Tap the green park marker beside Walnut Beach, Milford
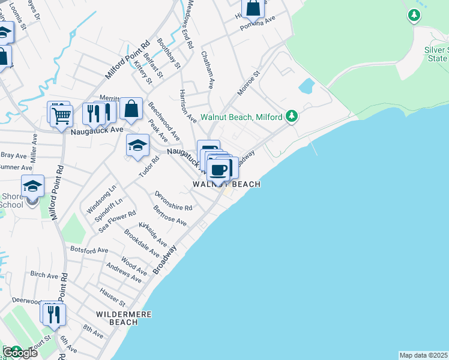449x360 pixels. (292, 116)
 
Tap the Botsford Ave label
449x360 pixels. (89, 250)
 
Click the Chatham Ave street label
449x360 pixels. (208, 70)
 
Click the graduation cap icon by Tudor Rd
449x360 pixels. (137, 145)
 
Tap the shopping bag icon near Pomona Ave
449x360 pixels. (253, 8)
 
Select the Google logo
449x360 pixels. (20, 353)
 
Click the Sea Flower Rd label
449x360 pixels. (115, 221)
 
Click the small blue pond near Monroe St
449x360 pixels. (306, 86)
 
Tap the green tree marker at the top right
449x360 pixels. (414, 14)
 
